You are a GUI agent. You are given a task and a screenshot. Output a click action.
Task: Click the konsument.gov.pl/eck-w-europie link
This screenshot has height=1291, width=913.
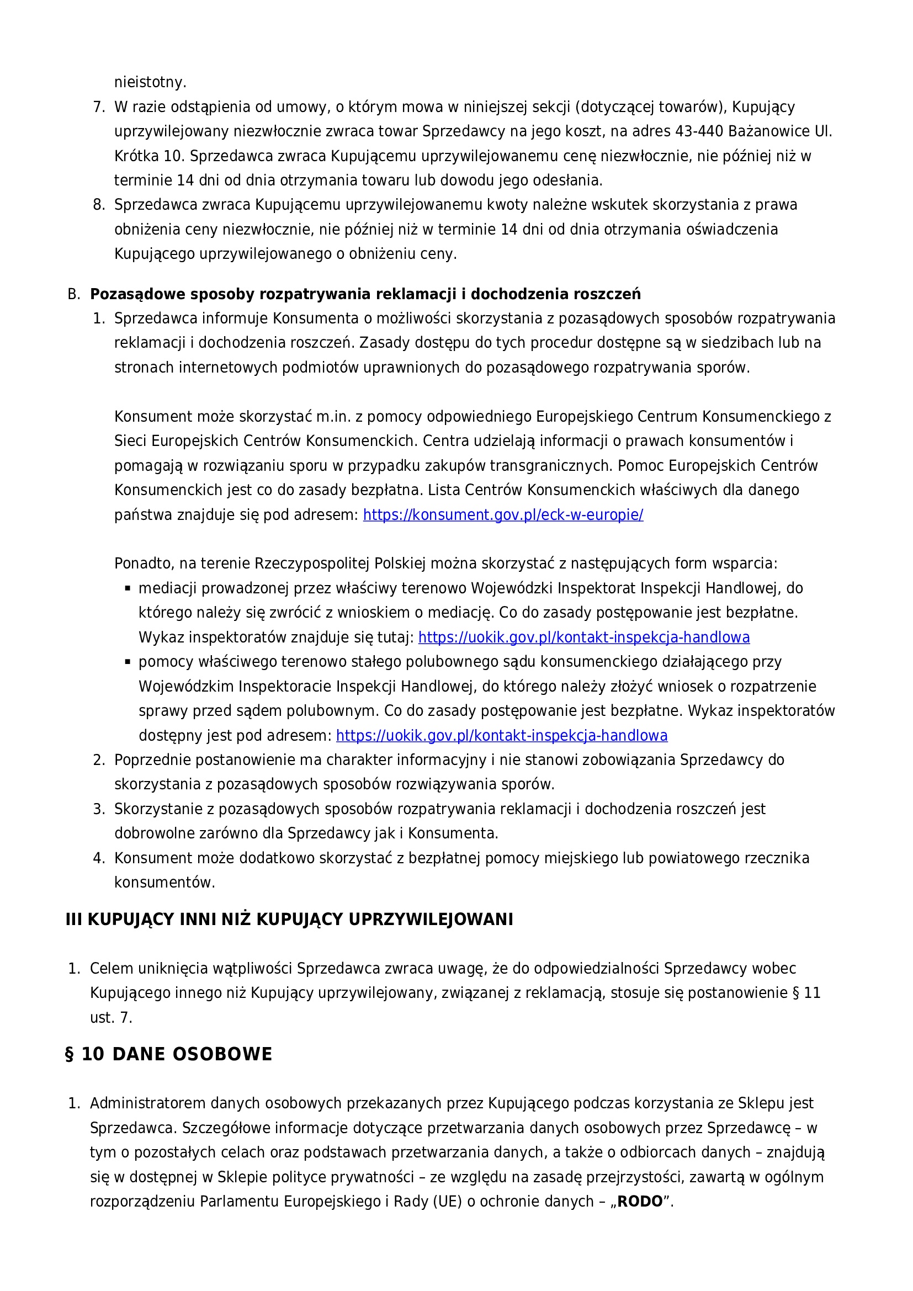point(503,514)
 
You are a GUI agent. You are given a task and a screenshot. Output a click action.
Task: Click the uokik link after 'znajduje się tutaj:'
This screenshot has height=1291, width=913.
point(583,637)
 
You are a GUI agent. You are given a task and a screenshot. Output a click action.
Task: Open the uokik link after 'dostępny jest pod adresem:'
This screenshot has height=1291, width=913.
point(501,735)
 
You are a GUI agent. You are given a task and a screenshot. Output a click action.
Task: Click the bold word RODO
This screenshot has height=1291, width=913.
point(640,1202)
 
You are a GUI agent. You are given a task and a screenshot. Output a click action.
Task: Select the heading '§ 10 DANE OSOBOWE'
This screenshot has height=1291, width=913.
point(169,1054)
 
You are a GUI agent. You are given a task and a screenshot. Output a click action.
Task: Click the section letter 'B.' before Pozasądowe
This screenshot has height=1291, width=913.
point(73,294)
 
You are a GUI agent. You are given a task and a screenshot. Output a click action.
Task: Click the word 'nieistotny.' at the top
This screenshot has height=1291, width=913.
point(150,82)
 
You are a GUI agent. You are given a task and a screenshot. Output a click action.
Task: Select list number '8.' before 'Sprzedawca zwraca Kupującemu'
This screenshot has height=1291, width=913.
point(99,205)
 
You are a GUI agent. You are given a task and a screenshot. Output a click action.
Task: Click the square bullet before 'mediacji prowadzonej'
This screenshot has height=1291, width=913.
point(128,588)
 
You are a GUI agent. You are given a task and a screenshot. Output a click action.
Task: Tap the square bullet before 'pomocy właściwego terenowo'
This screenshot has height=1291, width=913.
point(128,662)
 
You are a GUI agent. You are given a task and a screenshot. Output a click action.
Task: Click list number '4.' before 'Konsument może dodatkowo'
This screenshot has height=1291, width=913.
point(99,858)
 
